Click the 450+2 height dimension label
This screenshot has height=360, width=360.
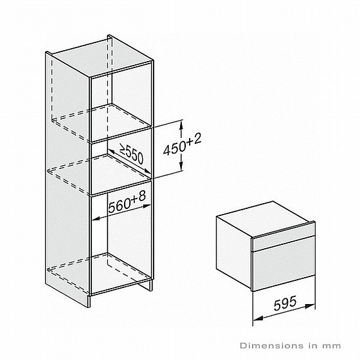pos(182,145)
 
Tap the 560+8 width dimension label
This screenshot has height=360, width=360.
pos(127,202)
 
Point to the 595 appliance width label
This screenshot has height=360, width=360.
pos(285,303)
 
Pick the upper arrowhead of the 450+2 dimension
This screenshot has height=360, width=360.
pos(181,125)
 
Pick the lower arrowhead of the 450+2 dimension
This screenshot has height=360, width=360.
pos(181,166)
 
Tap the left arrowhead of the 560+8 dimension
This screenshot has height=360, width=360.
pos(96,219)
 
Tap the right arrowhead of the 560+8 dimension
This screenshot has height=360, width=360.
pos(147,206)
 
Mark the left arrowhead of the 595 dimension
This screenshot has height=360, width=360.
pos(257,318)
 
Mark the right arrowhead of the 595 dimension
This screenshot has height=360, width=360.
pos(310,306)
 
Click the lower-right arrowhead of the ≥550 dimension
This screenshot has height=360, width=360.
pos(147,171)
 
